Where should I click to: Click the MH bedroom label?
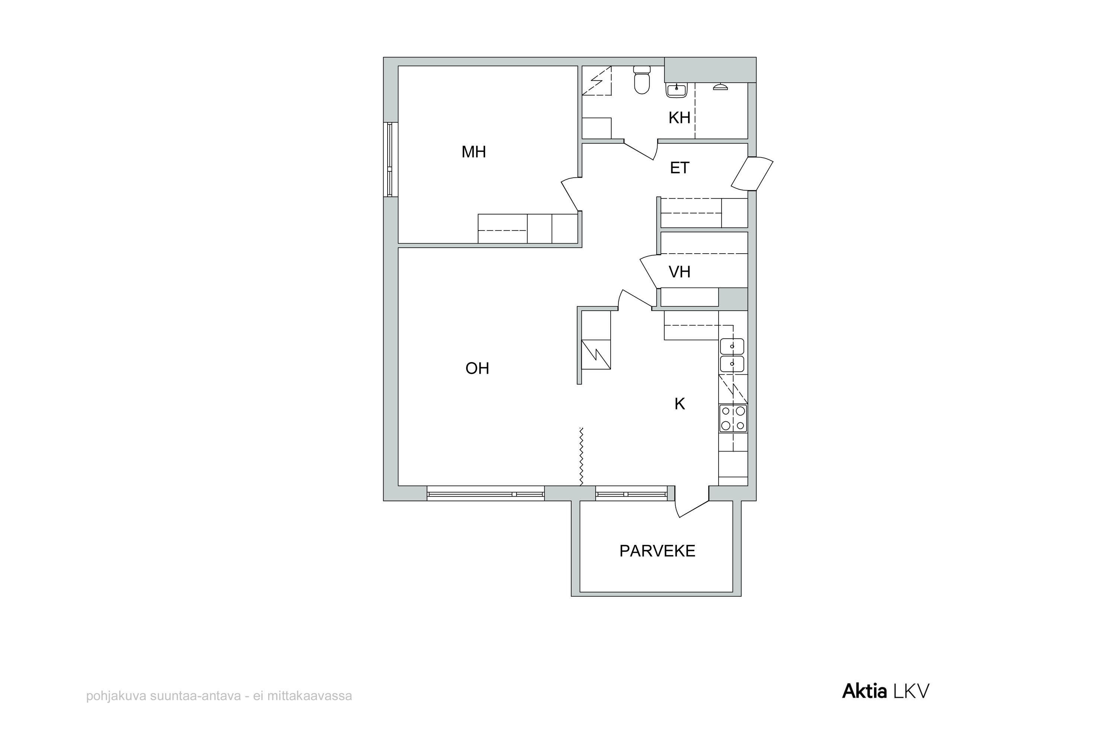click(x=474, y=152)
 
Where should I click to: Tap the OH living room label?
click(x=477, y=368)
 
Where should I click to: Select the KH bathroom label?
click(x=679, y=118)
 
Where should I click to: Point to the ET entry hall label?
click(x=679, y=168)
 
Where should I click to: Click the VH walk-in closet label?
click(x=679, y=272)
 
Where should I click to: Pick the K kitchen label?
click(x=680, y=404)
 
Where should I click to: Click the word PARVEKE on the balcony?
click(x=657, y=551)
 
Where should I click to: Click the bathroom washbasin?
click(x=676, y=89)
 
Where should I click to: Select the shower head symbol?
click(x=720, y=86)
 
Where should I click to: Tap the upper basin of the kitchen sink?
click(x=732, y=346)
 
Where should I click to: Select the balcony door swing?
click(x=691, y=505)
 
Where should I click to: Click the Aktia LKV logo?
click(x=885, y=691)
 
